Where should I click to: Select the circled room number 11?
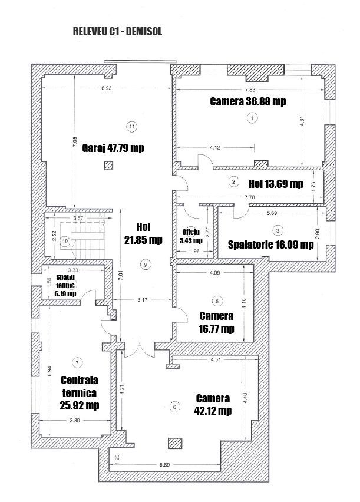(x=131, y=125)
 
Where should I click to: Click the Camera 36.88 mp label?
(x=248, y=101)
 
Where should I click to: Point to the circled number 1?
(x=252, y=118)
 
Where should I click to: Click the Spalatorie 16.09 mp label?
(x=270, y=245)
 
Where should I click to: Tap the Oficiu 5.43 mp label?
(x=191, y=236)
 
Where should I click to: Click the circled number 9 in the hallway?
(x=145, y=265)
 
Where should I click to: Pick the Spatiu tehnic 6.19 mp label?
(x=66, y=285)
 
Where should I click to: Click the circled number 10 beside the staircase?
(x=65, y=240)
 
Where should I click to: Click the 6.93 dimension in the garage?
(x=106, y=88)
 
